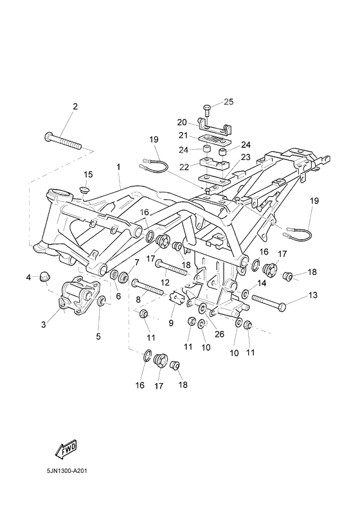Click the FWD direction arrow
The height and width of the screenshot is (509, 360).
pyautogui.click(x=66, y=449)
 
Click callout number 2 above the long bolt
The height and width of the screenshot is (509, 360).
pyautogui.click(x=75, y=107)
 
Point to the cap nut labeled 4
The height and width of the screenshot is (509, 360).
pyautogui.click(x=44, y=277)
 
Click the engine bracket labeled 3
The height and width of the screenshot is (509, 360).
pyautogui.click(x=79, y=294)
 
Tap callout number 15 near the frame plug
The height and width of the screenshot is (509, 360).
pyautogui.click(x=88, y=174)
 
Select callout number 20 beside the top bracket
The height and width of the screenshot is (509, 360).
pyautogui.click(x=182, y=122)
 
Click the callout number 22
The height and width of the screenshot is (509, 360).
pyautogui.click(x=185, y=166)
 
